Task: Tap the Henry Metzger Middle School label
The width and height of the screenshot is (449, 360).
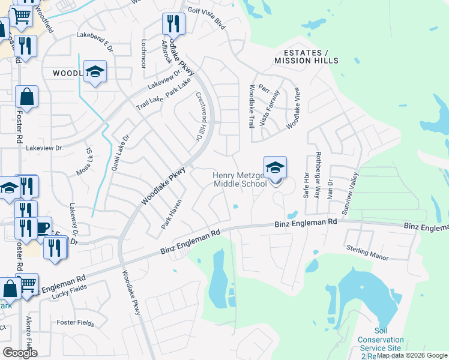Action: click(x=240, y=179)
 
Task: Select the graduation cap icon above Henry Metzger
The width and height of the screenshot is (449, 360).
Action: click(x=275, y=168)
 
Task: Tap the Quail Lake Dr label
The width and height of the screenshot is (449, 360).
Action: click(x=118, y=153)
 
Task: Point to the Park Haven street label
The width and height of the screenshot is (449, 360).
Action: click(x=171, y=214)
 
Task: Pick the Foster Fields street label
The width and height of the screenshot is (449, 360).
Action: click(x=75, y=323)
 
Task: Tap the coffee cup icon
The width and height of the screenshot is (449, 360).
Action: click(x=42, y=228)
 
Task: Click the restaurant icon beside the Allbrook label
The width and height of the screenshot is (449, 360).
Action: click(x=173, y=25)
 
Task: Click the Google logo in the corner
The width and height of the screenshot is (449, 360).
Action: click(x=20, y=353)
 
